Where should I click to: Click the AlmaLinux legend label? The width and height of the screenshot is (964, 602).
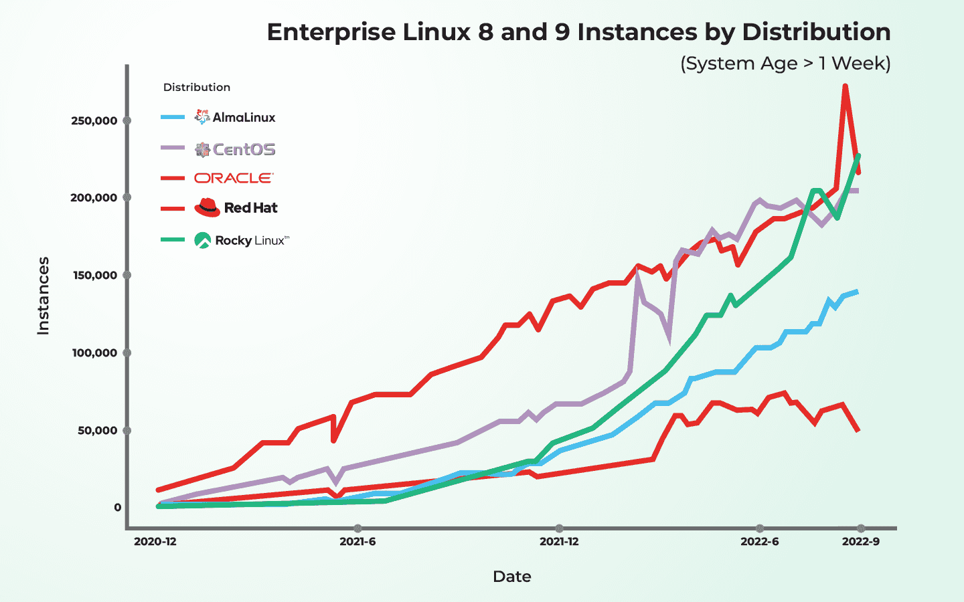click(244, 118)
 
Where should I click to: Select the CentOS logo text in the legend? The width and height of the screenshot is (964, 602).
click(244, 150)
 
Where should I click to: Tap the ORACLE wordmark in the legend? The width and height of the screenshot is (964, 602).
click(234, 178)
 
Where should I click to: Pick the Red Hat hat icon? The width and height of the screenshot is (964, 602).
click(207, 207)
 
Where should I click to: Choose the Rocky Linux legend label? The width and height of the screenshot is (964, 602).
click(252, 241)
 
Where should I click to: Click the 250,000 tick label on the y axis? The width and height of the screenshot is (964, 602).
click(94, 121)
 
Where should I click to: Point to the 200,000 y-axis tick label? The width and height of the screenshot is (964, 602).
click(94, 198)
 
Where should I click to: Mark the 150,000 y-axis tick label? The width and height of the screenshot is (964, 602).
click(94, 276)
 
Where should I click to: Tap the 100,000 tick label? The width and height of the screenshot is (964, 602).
click(94, 353)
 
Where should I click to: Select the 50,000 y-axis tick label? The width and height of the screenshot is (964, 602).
click(97, 431)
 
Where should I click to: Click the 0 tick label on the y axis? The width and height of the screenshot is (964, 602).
click(117, 508)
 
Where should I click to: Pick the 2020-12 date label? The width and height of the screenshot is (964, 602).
click(155, 542)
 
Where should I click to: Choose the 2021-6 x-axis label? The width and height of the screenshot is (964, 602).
click(357, 542)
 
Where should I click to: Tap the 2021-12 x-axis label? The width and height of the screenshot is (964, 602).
click(559, 542)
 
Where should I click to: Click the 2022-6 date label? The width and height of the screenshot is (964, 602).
click(759, 542)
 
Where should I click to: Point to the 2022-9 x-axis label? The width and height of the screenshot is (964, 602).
click(860, 542)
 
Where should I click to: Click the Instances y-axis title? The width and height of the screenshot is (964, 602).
click(44, 296)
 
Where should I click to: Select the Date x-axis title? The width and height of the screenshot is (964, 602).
click(511, 577)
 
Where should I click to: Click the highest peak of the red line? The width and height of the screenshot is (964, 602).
click(846, 86)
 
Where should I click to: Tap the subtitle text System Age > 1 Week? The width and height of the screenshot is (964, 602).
click(785, 64)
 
